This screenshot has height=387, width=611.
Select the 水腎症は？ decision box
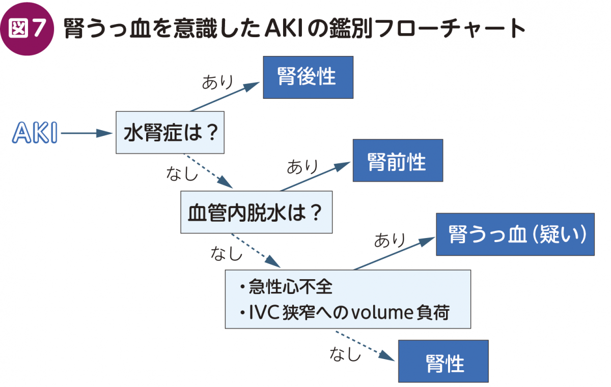170,133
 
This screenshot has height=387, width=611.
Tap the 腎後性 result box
308,77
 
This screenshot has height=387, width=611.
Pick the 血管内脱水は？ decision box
256,212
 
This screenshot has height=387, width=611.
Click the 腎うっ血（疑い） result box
515,234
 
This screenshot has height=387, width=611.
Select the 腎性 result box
443,361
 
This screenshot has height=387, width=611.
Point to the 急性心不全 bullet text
290,288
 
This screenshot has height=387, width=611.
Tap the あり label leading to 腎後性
217,82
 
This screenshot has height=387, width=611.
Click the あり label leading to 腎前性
302,166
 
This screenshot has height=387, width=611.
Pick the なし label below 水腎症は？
182,174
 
